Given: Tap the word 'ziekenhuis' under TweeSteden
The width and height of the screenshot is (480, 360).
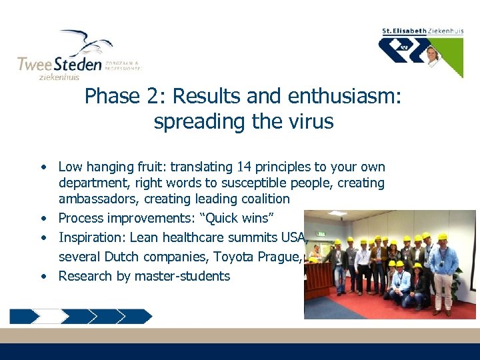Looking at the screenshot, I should (60, 77).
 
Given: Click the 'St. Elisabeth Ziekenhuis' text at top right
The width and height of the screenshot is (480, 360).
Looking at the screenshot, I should (422, 31).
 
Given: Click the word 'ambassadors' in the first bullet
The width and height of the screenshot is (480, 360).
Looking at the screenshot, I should (95, 199).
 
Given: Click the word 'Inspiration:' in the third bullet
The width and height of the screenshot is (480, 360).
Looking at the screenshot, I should (92, 237).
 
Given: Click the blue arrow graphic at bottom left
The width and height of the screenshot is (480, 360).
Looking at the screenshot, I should (81, 315).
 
